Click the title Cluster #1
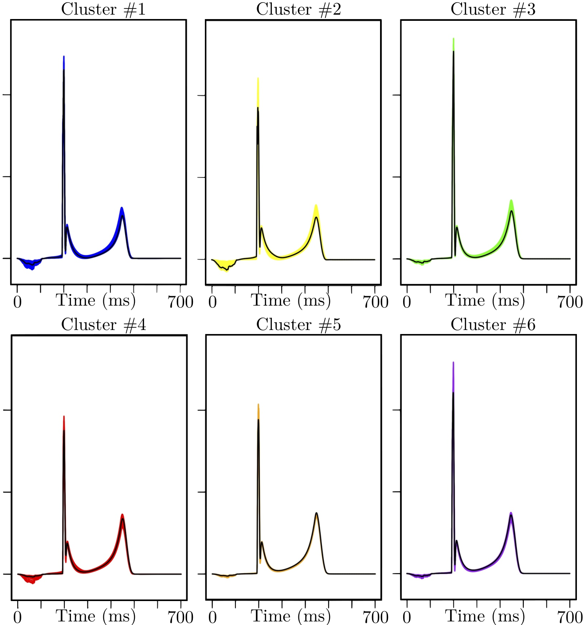103,9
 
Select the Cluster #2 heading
298,9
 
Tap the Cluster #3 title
493,9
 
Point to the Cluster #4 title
103,324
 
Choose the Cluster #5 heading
298,324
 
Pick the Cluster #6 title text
493,324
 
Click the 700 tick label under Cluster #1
180,302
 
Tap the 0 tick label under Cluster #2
212,302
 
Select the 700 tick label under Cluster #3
570,302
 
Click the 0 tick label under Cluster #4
18,617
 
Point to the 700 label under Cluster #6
570,617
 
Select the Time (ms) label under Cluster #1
96,301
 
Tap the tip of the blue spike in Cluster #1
64,57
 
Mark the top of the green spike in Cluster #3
454,39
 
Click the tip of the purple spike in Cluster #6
453,362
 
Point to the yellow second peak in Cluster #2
316,205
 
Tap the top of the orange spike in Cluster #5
259,405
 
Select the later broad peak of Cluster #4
122,515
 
